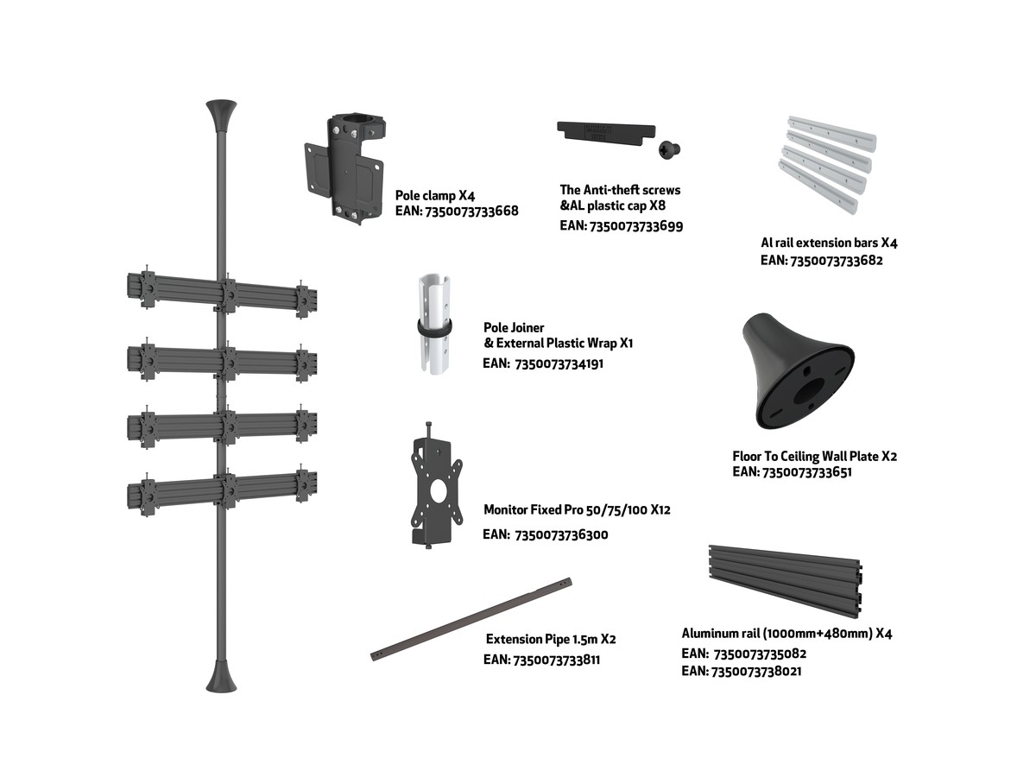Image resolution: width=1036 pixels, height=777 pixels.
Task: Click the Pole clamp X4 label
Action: coord(434,195)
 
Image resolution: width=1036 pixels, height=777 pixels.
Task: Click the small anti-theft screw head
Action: coord(669,150)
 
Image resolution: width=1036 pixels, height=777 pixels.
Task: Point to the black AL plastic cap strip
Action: coord(606,132)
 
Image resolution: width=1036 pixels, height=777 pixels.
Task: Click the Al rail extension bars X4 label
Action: coord(829,243)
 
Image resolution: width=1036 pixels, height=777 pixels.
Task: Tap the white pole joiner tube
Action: coord(433,323)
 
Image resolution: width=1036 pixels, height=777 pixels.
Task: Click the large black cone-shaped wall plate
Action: coord(798,371)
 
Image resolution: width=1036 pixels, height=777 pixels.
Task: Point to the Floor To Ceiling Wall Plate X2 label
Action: coord(814,456)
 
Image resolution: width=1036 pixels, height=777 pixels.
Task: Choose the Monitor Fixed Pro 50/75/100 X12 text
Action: coord(577,509)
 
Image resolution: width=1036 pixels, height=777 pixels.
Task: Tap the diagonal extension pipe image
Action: coord(471,619)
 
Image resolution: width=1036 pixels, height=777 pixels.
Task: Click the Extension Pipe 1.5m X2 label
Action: coord(551,639)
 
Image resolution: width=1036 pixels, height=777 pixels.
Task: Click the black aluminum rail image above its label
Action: coord(786,581)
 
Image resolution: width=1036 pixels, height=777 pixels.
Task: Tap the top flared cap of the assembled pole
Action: coord(221,116)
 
